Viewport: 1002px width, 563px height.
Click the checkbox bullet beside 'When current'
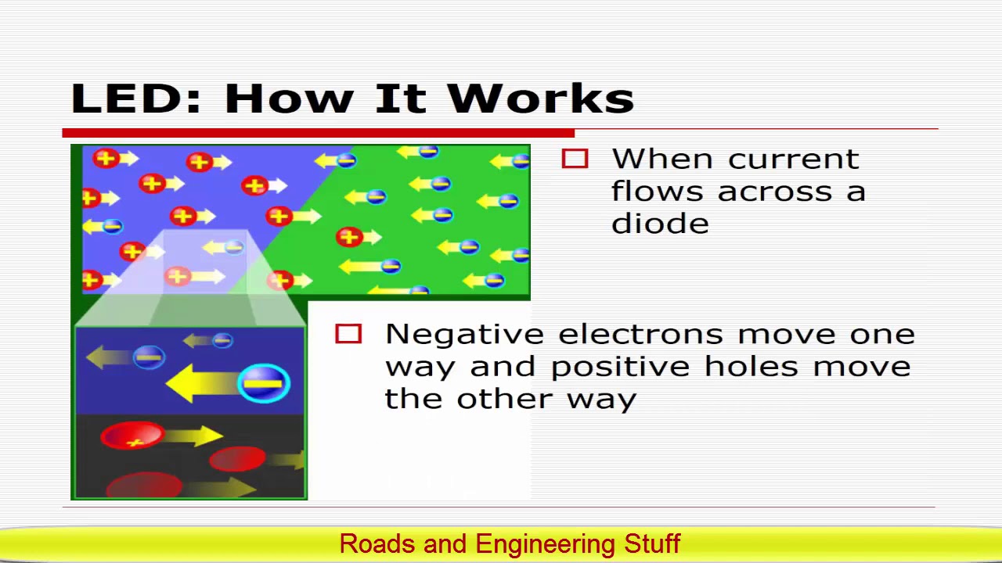pyautogui.click(x=575, y=160)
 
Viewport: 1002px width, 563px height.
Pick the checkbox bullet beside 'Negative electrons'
pyautogui.click(x=348, y=335)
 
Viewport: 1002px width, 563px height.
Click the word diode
pyautogui.click(x=660, y=224)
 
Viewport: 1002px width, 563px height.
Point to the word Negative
pyautogui.click(x=464, y=335)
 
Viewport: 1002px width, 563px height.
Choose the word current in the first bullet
pyautogui.click(x=794, y=160)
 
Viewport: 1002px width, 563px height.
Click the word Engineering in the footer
pyautogui.click(x=545, y=544)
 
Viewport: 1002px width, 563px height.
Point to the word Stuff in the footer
pyautogui.click(x=652, y=543)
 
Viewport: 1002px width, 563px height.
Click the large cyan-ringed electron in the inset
pyautogui.click(x=264, y=384)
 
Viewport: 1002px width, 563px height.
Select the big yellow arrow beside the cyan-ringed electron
pyautogui.click(x=202, y=384)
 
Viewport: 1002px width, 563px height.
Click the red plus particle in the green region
pyautogui.click(x=348, y=235)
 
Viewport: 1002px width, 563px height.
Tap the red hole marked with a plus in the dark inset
pyautogui.click(x=132, y=436)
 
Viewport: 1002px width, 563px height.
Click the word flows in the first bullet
pyautogui.click(x=659, y=192)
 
